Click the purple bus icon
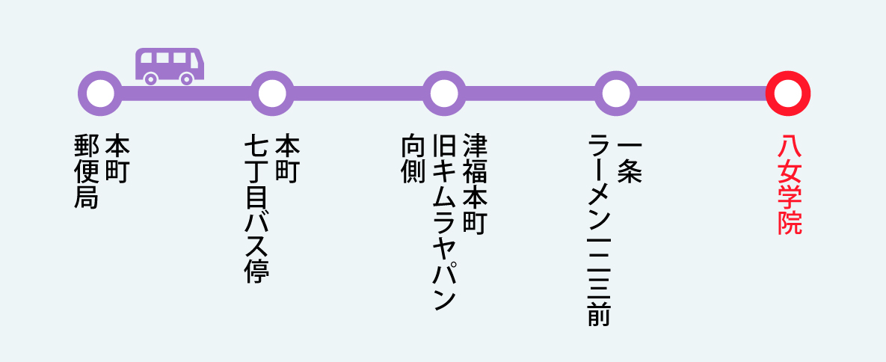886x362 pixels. tap(169, 64)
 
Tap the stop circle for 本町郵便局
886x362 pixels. tap(100, 93)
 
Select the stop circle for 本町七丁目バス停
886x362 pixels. tap(272, 93)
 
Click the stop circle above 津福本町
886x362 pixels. tap(444, 93)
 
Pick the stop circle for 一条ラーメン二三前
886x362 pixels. tap(616, 93)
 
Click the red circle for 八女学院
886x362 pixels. tap(788, 93)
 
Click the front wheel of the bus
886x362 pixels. tap(187, 78)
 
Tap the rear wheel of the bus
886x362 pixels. tap(151, 78)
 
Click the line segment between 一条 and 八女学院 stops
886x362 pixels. tap(702, 93)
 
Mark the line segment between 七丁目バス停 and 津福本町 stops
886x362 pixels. tap(358, 93)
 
